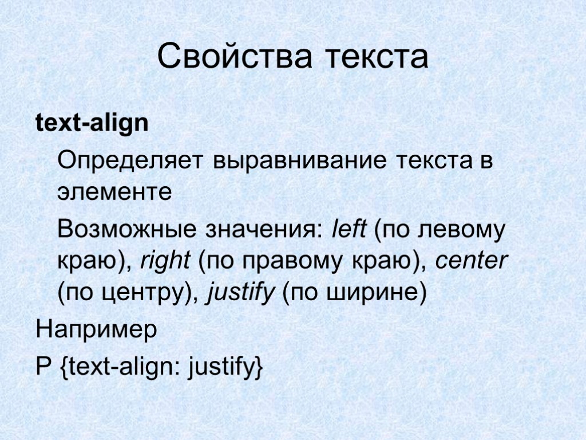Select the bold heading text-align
(x=92, y=124)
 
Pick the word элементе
(x=114, y=192)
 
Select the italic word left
(x=349, y=230)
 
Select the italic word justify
(x=241, y=294)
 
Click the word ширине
(x=375, y=294)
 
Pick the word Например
(x=96, y=330)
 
